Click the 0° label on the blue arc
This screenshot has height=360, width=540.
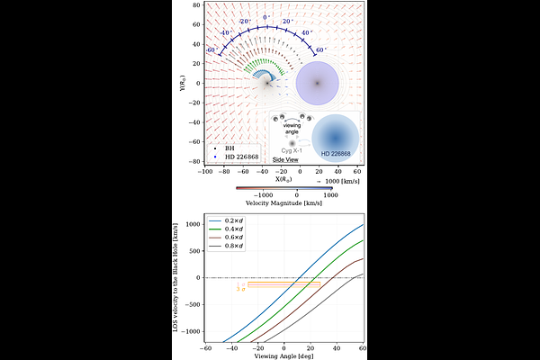[265, 17]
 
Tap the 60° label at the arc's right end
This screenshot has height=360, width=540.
[320, 50]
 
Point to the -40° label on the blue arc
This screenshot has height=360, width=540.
[225, 33]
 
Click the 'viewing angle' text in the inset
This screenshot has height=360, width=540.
[290, 128]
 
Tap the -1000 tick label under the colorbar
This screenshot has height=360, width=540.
[261, 193]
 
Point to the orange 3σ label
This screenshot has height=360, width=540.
[240, 289]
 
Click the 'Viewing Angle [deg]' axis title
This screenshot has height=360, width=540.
[284, 356]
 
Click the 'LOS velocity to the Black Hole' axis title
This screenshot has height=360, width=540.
[178, 279]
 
